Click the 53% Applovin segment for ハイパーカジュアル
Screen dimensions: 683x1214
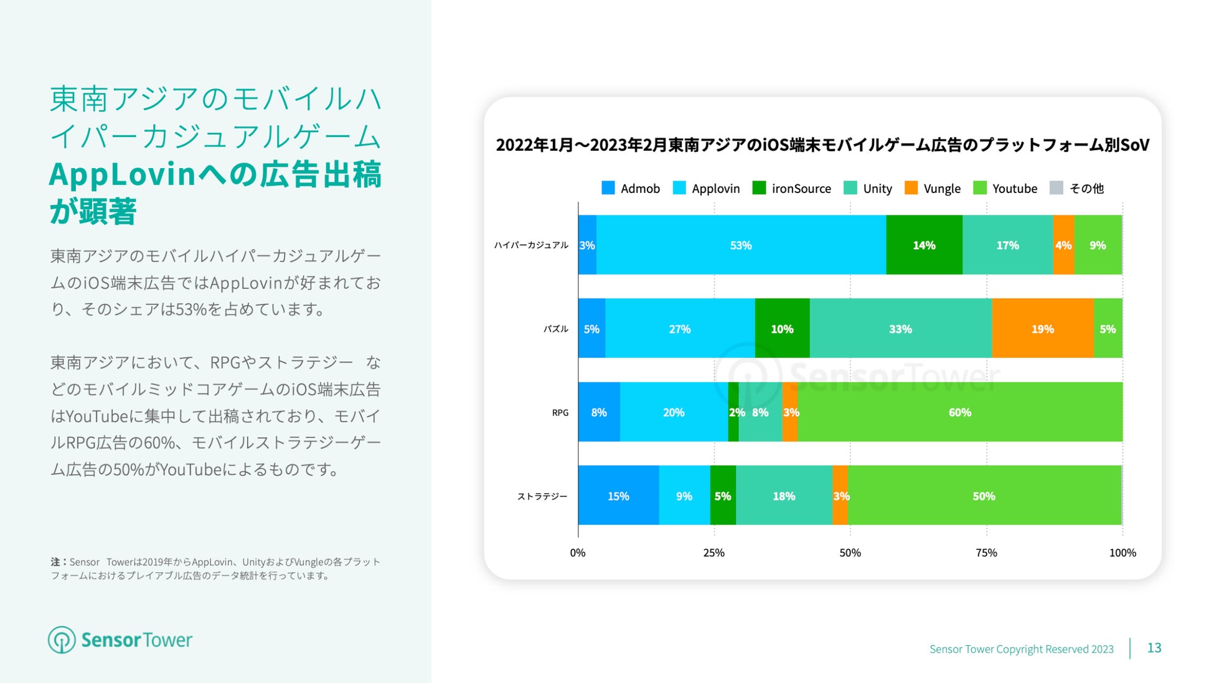pos(741,245)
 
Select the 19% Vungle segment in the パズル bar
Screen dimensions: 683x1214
pos(1042,329)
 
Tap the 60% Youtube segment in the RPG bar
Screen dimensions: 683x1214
pos(959,412)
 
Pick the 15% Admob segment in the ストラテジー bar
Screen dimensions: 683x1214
pos(618,496)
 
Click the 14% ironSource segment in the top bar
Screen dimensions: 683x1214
pos(924,245)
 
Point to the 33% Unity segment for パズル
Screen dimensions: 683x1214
pos(900,329)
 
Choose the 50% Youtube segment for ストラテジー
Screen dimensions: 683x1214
pos(984,496)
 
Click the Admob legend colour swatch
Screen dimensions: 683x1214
pos(608,188)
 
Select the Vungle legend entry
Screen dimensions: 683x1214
pos(941,189)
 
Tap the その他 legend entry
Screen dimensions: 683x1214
pos(1086,189)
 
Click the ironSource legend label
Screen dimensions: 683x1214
pos(801,189)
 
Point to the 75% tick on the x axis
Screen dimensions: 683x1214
pos(986,552)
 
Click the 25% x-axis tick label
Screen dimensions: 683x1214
pos(713,552)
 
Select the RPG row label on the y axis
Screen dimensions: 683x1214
pos(560,413)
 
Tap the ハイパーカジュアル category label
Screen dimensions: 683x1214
pos(531,245)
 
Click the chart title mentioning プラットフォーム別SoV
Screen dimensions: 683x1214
pos(822,145)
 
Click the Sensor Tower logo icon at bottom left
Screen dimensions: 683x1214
pos(62,639)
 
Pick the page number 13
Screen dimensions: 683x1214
pos(1154,648)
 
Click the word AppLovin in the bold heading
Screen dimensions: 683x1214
pos(123,175)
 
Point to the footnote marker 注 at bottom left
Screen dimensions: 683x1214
pos(55,562)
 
